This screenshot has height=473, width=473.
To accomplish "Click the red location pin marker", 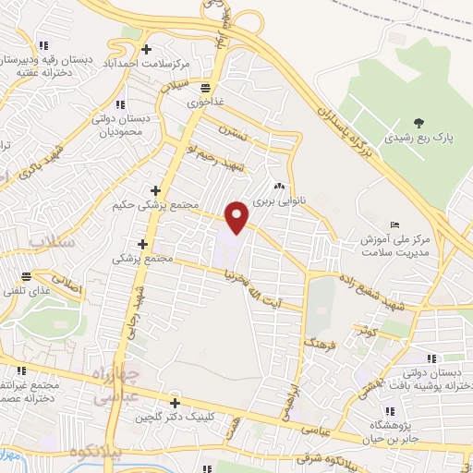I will point(238,217).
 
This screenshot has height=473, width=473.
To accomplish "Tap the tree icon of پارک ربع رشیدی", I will point(419,121).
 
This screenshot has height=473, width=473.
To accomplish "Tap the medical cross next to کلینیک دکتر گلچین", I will point(174,404).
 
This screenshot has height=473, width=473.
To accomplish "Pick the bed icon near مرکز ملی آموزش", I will point(395,225).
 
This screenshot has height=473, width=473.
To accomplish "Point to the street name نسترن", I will point(235,132).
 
